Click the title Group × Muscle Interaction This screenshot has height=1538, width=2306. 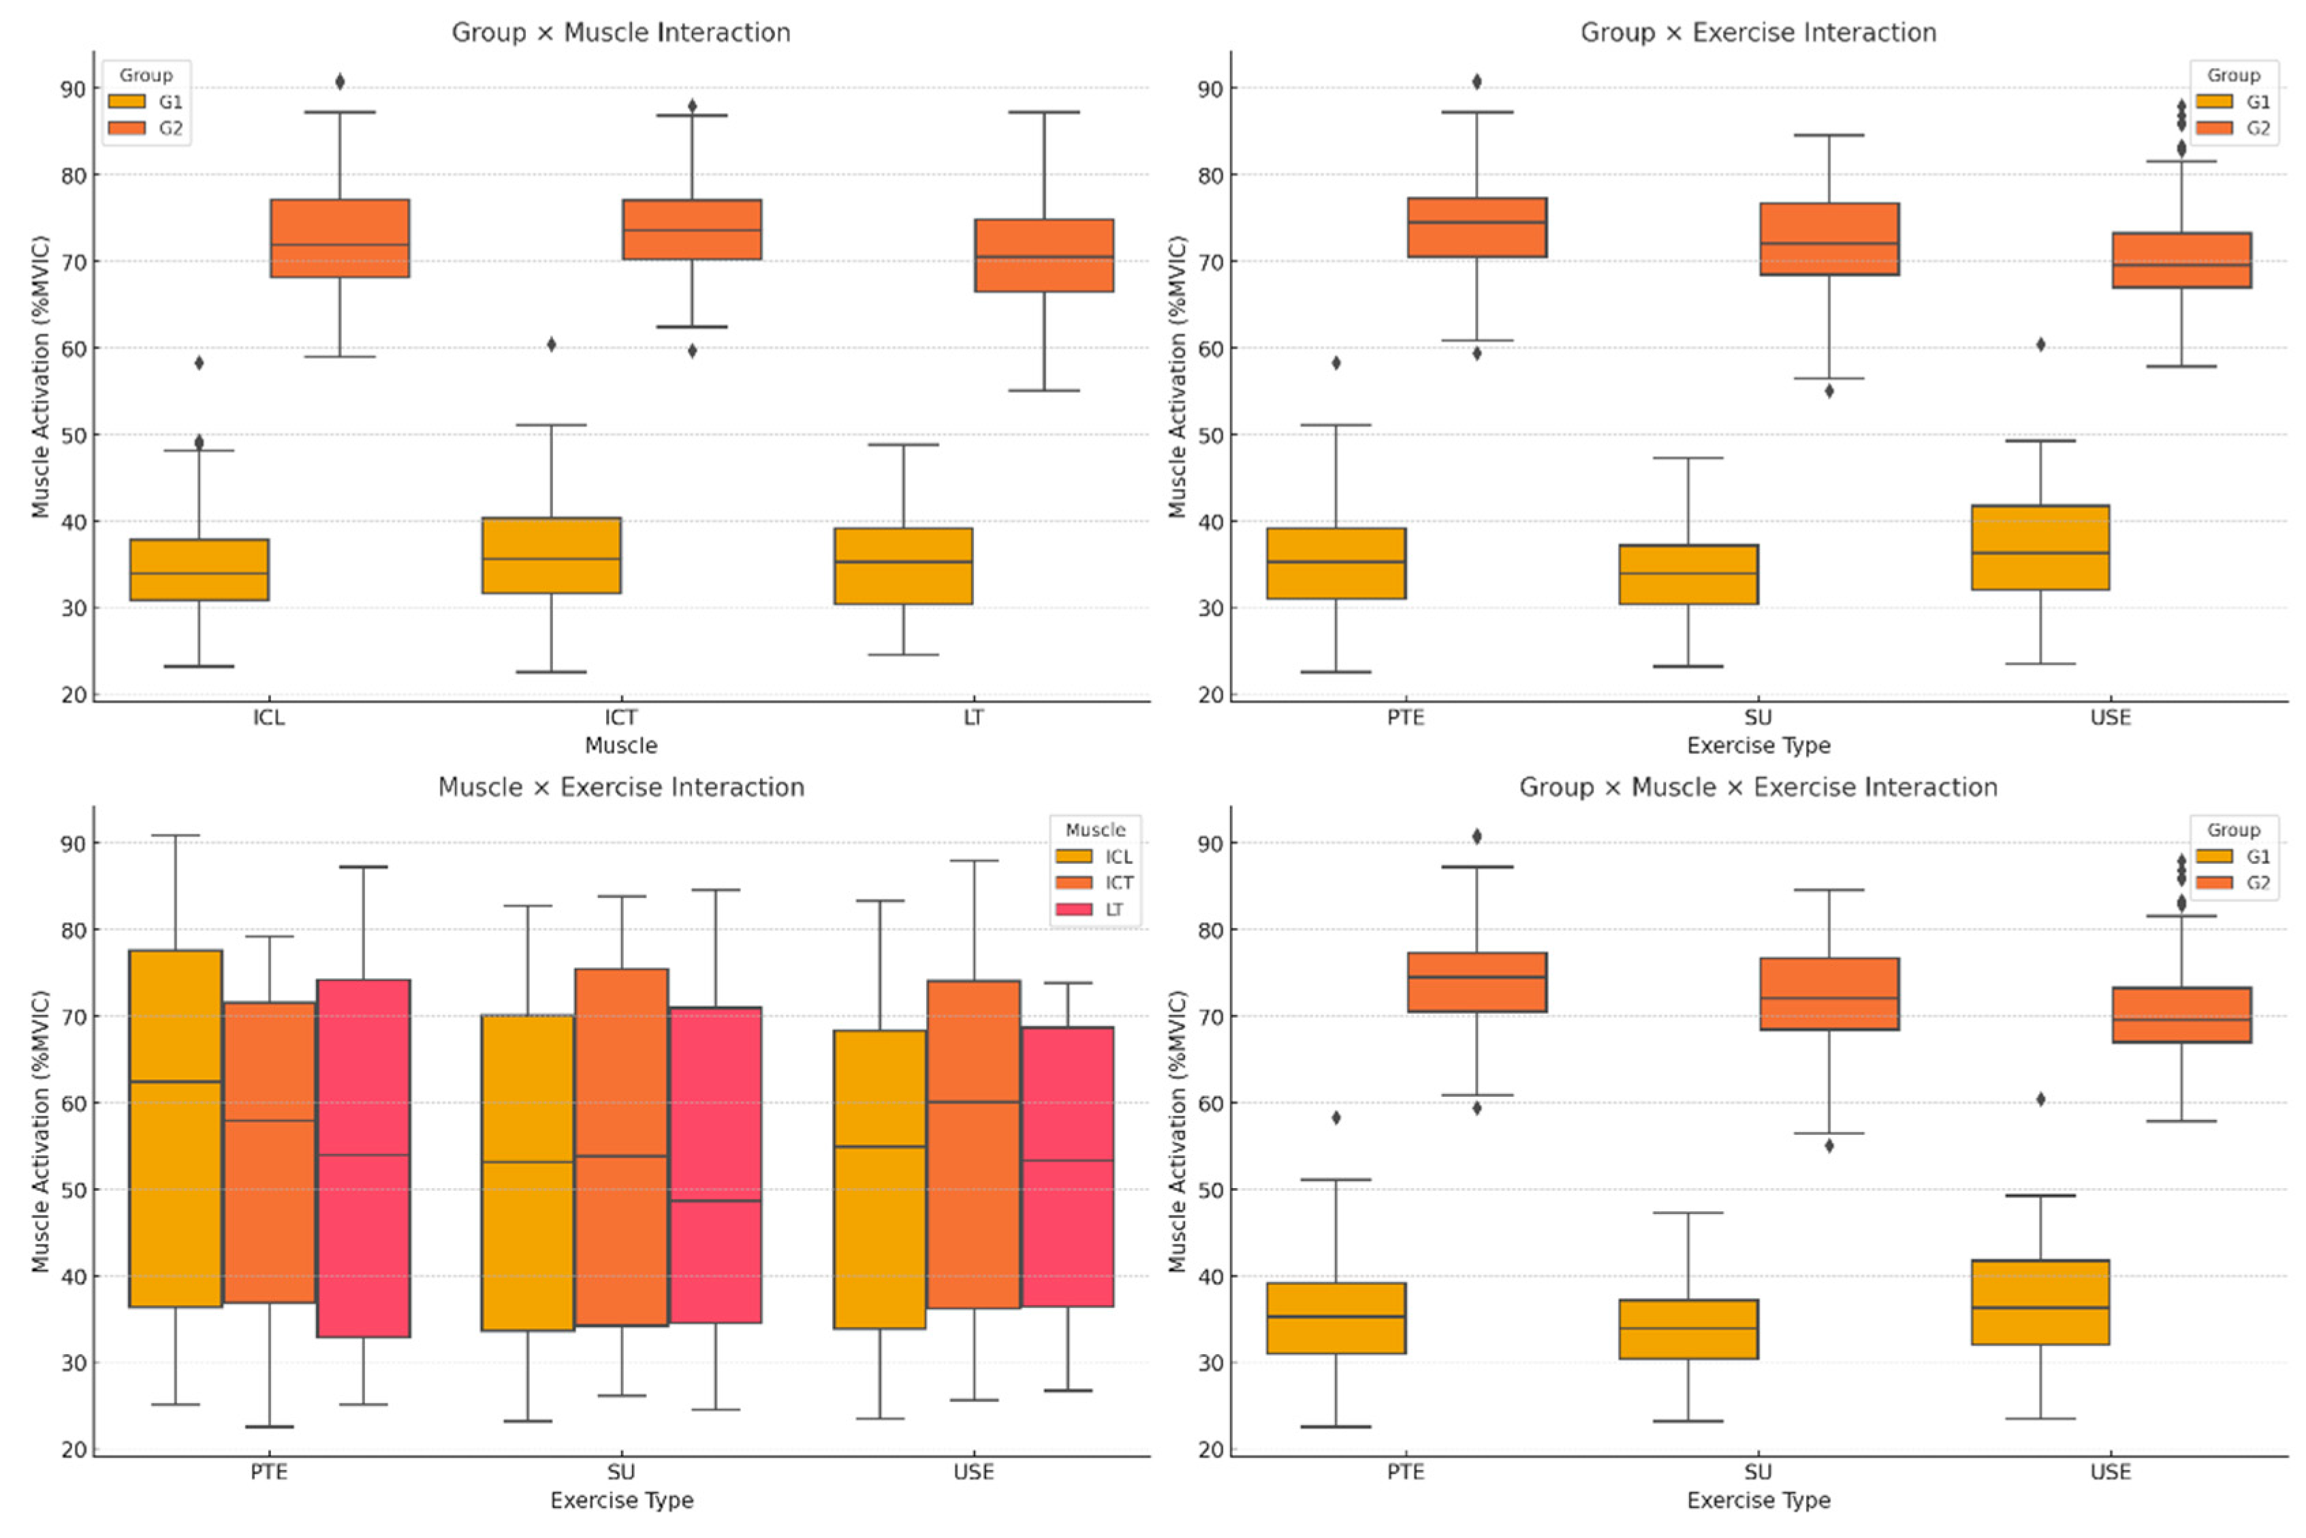pos(621,33)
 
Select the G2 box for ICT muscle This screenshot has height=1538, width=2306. pos(691,229)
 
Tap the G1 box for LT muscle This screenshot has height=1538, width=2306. pos(903,566)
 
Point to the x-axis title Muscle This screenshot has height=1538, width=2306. pos(621,746)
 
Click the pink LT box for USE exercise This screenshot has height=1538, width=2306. pos(1067,1166)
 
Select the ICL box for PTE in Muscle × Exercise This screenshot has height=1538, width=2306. pos(176,1128)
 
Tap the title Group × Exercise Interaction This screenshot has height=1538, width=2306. pos(1758,33)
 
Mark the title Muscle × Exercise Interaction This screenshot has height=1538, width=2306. pos(621,788)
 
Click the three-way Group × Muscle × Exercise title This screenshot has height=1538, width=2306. pos(1758,788)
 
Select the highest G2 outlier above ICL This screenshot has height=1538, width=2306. pos(339,82)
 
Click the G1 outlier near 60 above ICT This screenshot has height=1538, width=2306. pos(551,345)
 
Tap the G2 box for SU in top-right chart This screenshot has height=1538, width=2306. pos(1829,240)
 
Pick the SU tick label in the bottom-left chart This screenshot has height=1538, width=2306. pos(621,1472)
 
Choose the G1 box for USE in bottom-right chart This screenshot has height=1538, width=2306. pos(2040,1302)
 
